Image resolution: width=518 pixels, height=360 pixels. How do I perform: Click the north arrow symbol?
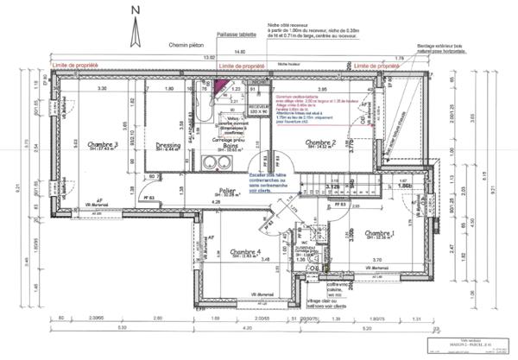(x=134, y=29)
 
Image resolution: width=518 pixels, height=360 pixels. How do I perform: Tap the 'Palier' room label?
(x=228, y=191)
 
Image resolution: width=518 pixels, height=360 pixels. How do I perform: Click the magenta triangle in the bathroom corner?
(x=220, y=85)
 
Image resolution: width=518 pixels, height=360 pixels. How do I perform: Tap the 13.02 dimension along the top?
(x=208, y=58)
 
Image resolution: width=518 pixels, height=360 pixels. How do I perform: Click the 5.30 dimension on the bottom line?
(x=123, y=328)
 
